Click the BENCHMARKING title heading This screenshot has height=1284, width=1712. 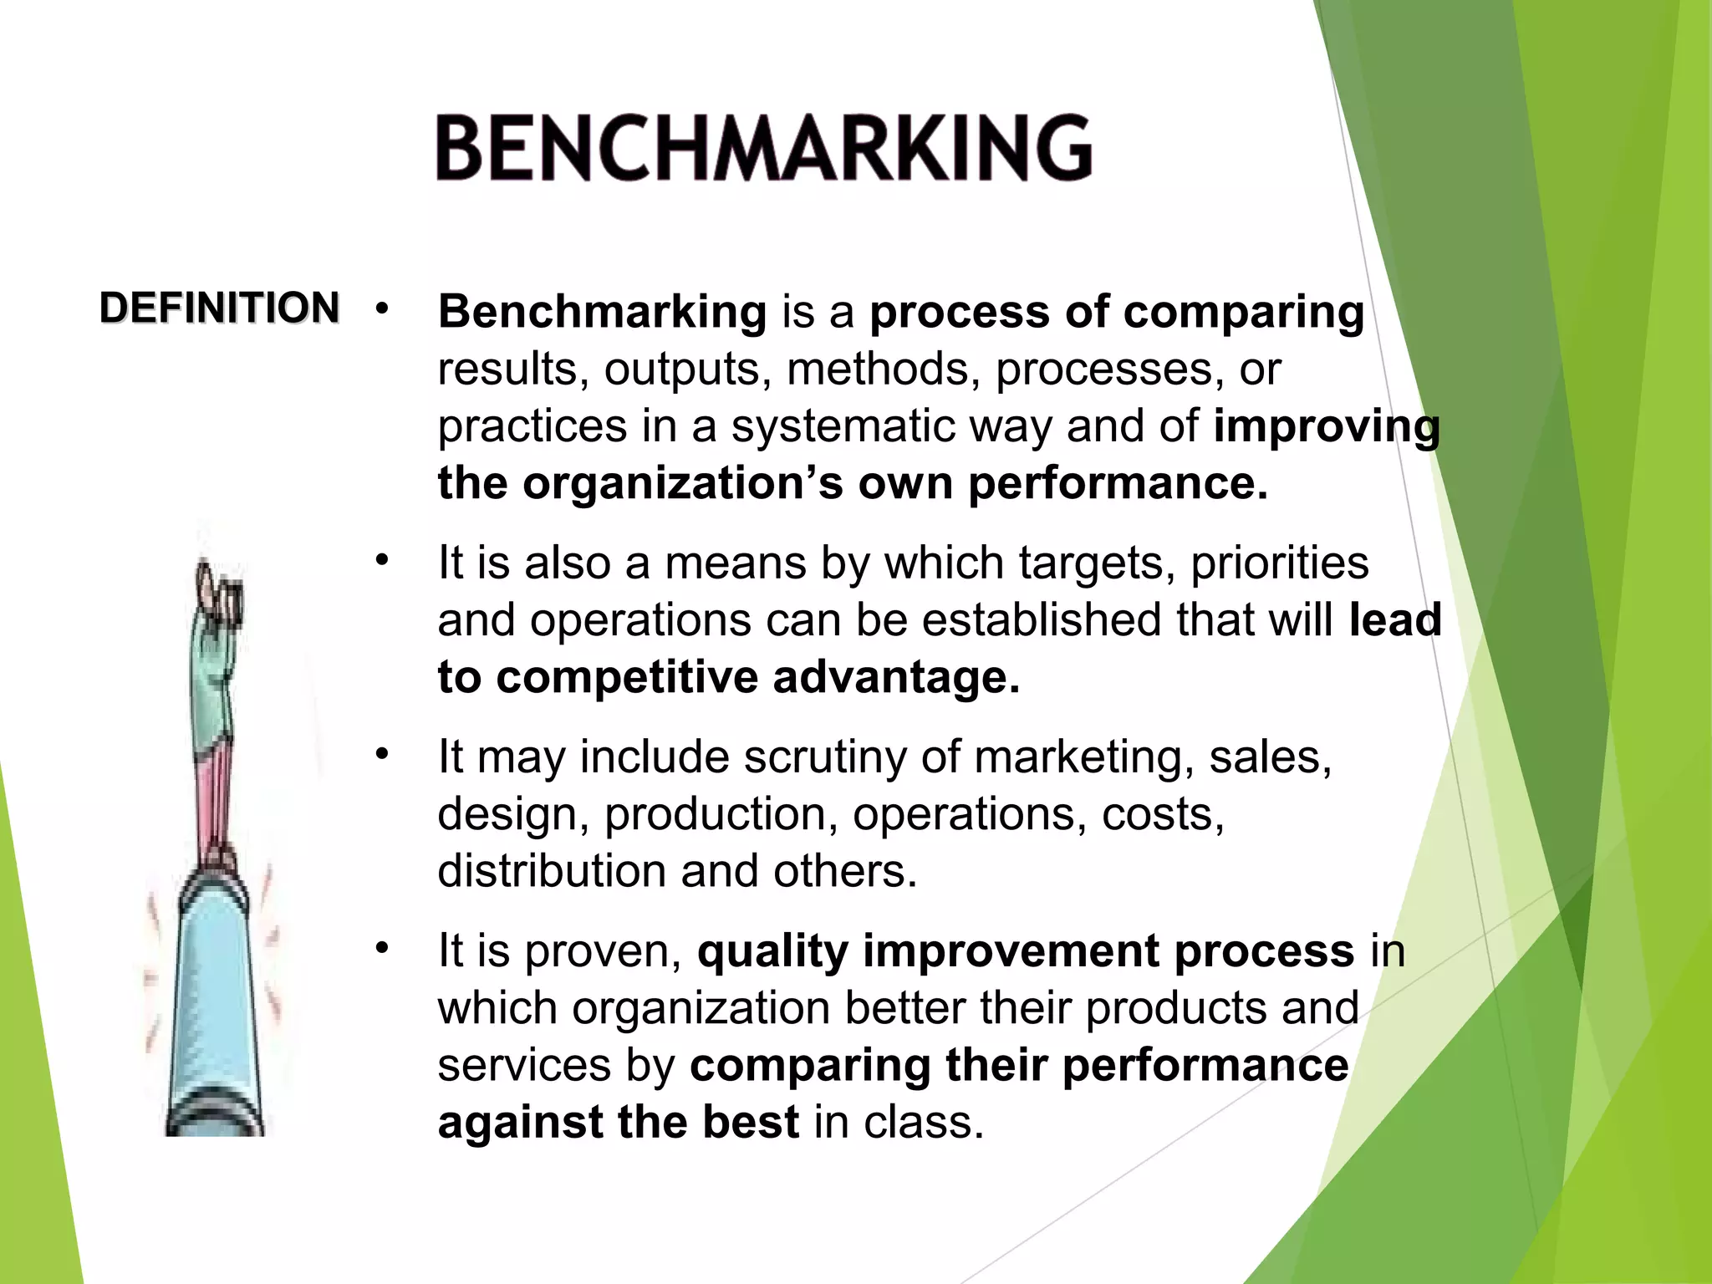763,148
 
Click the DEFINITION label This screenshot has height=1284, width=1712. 219,308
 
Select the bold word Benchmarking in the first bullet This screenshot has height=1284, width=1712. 602,312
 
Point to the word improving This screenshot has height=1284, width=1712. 1327,427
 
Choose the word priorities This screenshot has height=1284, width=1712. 1279,563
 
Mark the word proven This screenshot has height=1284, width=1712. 603,952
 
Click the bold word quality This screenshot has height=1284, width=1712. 772,952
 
